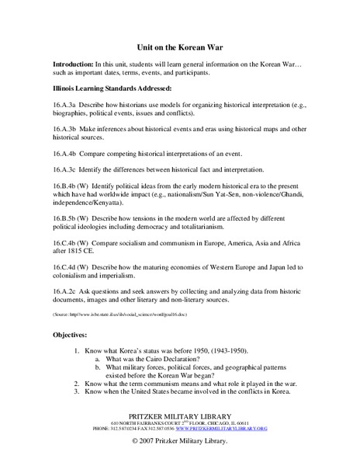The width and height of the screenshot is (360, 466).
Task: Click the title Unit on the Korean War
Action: pyautogui.click(x=180, y=47)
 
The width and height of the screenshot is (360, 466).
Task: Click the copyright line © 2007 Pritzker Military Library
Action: pyautogui.click(x=180, y=441)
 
